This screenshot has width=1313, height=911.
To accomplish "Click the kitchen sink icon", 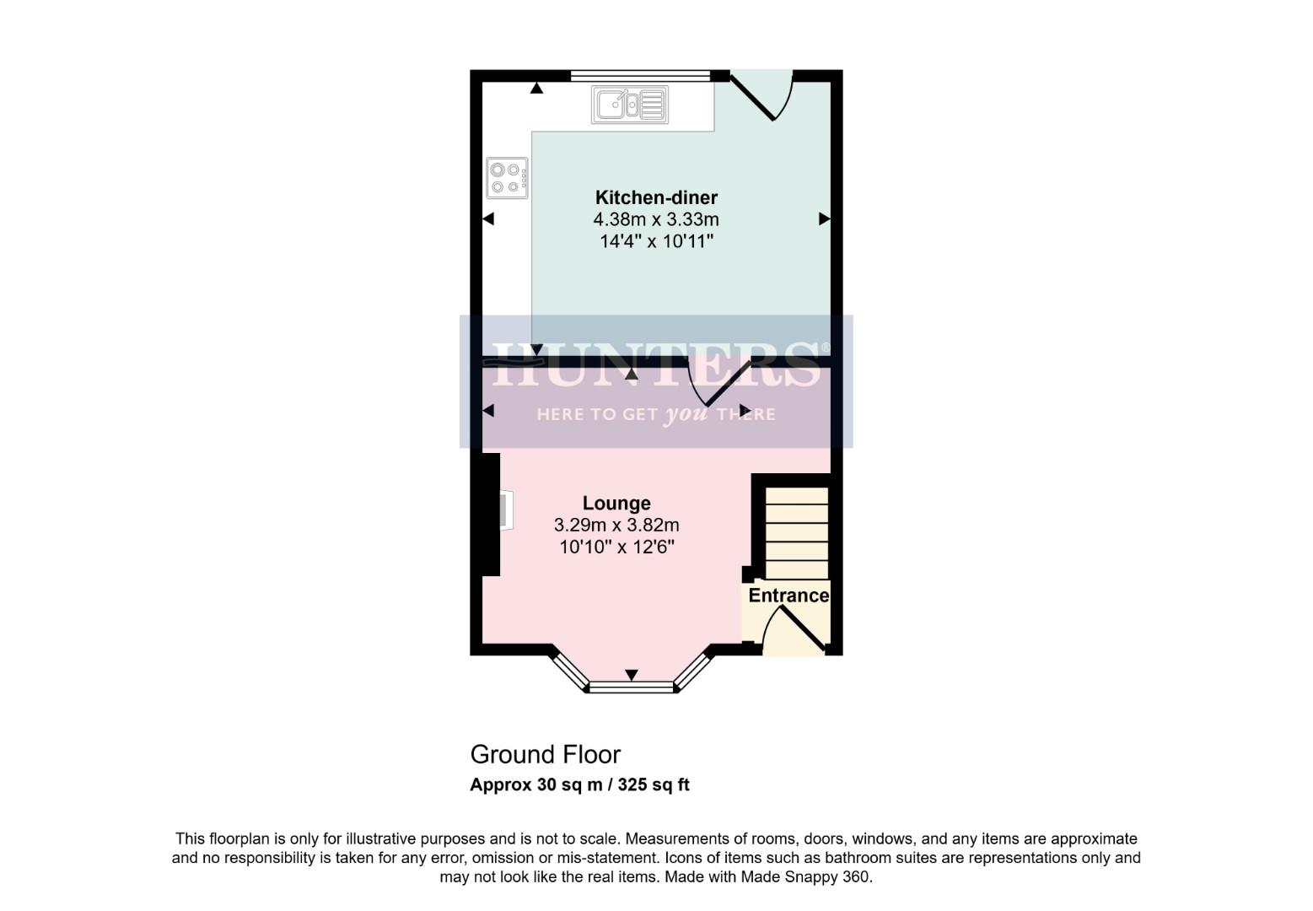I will click(629, 105).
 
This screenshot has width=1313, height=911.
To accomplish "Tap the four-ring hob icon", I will click(507, 178).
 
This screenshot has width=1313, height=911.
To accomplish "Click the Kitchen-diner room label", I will click(656, 198).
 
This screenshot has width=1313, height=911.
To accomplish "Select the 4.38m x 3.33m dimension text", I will click(656, 220).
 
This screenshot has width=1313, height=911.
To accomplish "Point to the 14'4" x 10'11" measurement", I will click(656, 242).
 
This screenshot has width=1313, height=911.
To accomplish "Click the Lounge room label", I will click(616, 504).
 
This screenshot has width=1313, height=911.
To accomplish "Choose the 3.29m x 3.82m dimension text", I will click(616, 526).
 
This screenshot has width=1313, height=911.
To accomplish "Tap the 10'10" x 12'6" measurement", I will click(616, 547).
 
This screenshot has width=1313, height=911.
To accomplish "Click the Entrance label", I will click(788, 596).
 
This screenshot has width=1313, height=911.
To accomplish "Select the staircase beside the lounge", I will click(796, 531).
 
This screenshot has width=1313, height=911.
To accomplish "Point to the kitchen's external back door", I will click(763, 94).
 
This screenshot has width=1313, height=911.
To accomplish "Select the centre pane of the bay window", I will click(632, 688).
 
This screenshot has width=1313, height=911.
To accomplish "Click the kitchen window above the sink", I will click(640, 76).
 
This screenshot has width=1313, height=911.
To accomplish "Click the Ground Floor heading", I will click(545, 754).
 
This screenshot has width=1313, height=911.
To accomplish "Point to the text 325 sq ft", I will click(654, 785).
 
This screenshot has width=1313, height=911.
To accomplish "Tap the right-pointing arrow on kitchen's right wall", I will click(824, 219).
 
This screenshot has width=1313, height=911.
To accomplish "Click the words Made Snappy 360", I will click(804, 877).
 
